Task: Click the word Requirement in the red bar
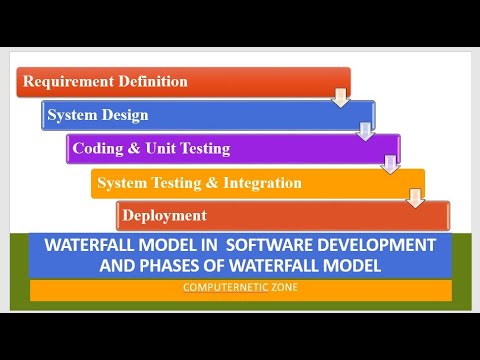pyautogui.click(x=67, y=81)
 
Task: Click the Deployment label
pyautogui.click(x=164, y=215)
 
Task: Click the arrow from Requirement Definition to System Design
pyautogui.click(x=341, y=97)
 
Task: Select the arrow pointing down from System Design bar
pyautogui.click(x=366, y=131)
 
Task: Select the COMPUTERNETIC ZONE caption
pyautogui.click(x=239, y=288)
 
